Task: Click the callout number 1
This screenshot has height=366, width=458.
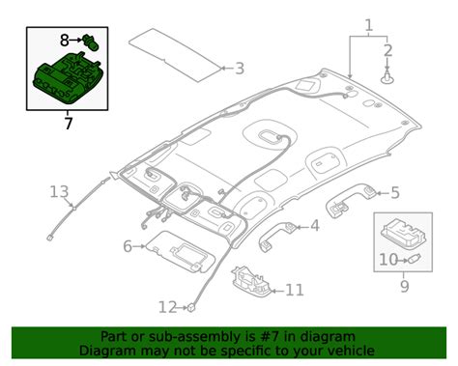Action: pyautogui.click(x=367, y=23)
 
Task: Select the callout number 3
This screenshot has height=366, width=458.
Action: pyautogui.click(x=241, y=69)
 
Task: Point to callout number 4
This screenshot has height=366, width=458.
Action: pyautogui.click(x=314, y=226)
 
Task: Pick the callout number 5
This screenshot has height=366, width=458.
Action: pyautogui.click(x=393, y=194)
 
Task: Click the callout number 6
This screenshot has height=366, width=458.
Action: pyautogui.click(x=127, y=247)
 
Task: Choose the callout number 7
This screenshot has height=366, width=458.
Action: pyautogui.click(x=67, y=123)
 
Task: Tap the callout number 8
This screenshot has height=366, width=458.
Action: pyautogui.click(x=65, y=41)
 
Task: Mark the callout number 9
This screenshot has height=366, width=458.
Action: pyautogui.click(x=404, y=287)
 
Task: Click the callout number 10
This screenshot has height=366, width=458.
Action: pyautogui.click(x=386, y=259)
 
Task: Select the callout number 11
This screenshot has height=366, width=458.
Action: pyautogui.click(x=294, y=289)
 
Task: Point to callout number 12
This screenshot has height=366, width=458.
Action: pyautogui.click(x=167, y=307)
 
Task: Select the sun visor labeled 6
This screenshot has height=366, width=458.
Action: pyautogui.click(x=179, y=253)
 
